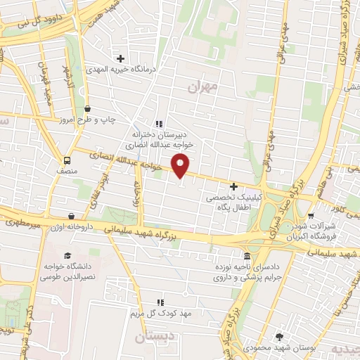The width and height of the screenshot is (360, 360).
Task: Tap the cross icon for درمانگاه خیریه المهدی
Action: pos(120,58)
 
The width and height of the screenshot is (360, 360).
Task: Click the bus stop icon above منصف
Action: pos(67,160)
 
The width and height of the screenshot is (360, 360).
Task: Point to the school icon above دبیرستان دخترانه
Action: pos(158,124)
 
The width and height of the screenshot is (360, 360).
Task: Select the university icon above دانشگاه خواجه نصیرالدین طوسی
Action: pos(67,255)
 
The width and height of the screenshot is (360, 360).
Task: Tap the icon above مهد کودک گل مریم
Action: pos(160,302)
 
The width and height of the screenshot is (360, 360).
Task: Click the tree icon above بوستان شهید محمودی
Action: pos(279,337)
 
